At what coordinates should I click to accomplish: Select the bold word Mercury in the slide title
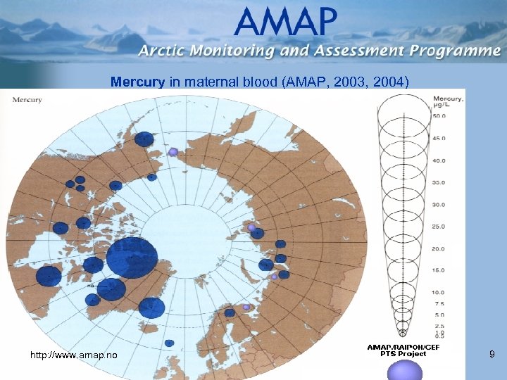pos(137,82)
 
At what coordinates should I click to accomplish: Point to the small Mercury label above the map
pos(27,99)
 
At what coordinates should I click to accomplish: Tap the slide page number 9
pos(492,356)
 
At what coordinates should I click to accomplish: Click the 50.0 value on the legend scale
pos(439,116)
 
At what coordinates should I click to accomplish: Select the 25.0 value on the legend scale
pos(439,227)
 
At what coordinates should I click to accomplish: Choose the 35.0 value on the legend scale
pos(439,182)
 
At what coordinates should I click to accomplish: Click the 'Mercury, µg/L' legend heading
pos(448,101)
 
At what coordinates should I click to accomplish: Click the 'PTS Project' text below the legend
pos(402,354)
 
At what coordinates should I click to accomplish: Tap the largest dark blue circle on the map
pos(132,258)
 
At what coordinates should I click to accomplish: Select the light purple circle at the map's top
pos(173,151)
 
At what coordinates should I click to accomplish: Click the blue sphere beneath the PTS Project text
pos(402,368)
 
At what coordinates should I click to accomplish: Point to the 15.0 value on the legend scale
pos(439,270)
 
